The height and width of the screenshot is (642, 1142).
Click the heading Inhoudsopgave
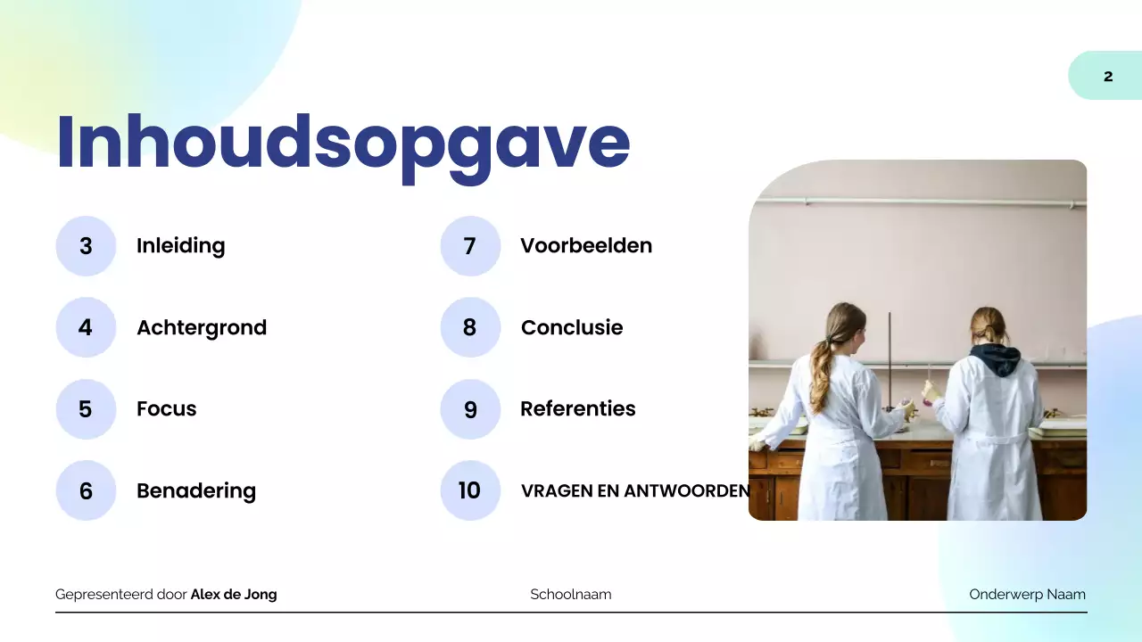coord(343,143)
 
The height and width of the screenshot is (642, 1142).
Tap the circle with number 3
coord(86,246)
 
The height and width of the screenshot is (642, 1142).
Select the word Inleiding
coord(180,246)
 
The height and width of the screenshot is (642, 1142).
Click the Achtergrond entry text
coord(202,327)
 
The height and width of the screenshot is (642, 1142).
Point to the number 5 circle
coord(86,409)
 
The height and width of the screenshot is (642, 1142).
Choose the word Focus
coord(166,409)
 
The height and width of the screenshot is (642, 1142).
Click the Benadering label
coord(196,490)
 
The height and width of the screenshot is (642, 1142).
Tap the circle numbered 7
coord(470,246)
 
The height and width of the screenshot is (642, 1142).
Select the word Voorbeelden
coord(586,246)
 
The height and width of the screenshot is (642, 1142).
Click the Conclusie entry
coord(572,327)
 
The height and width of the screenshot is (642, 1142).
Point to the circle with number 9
coord(470,409)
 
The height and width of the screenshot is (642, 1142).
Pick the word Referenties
coord(578,409)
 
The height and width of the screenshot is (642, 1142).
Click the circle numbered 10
coord(470,490)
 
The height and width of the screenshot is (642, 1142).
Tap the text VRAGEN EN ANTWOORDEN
coord(635,490)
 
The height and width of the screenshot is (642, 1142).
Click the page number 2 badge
coord(1107,76)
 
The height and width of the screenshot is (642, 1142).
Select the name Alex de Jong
coord(234,595)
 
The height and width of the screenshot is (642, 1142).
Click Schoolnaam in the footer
coord(571,595)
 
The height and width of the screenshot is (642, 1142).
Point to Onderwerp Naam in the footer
coord(1027,595)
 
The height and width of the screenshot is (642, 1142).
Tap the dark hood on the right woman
coord(996,358)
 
